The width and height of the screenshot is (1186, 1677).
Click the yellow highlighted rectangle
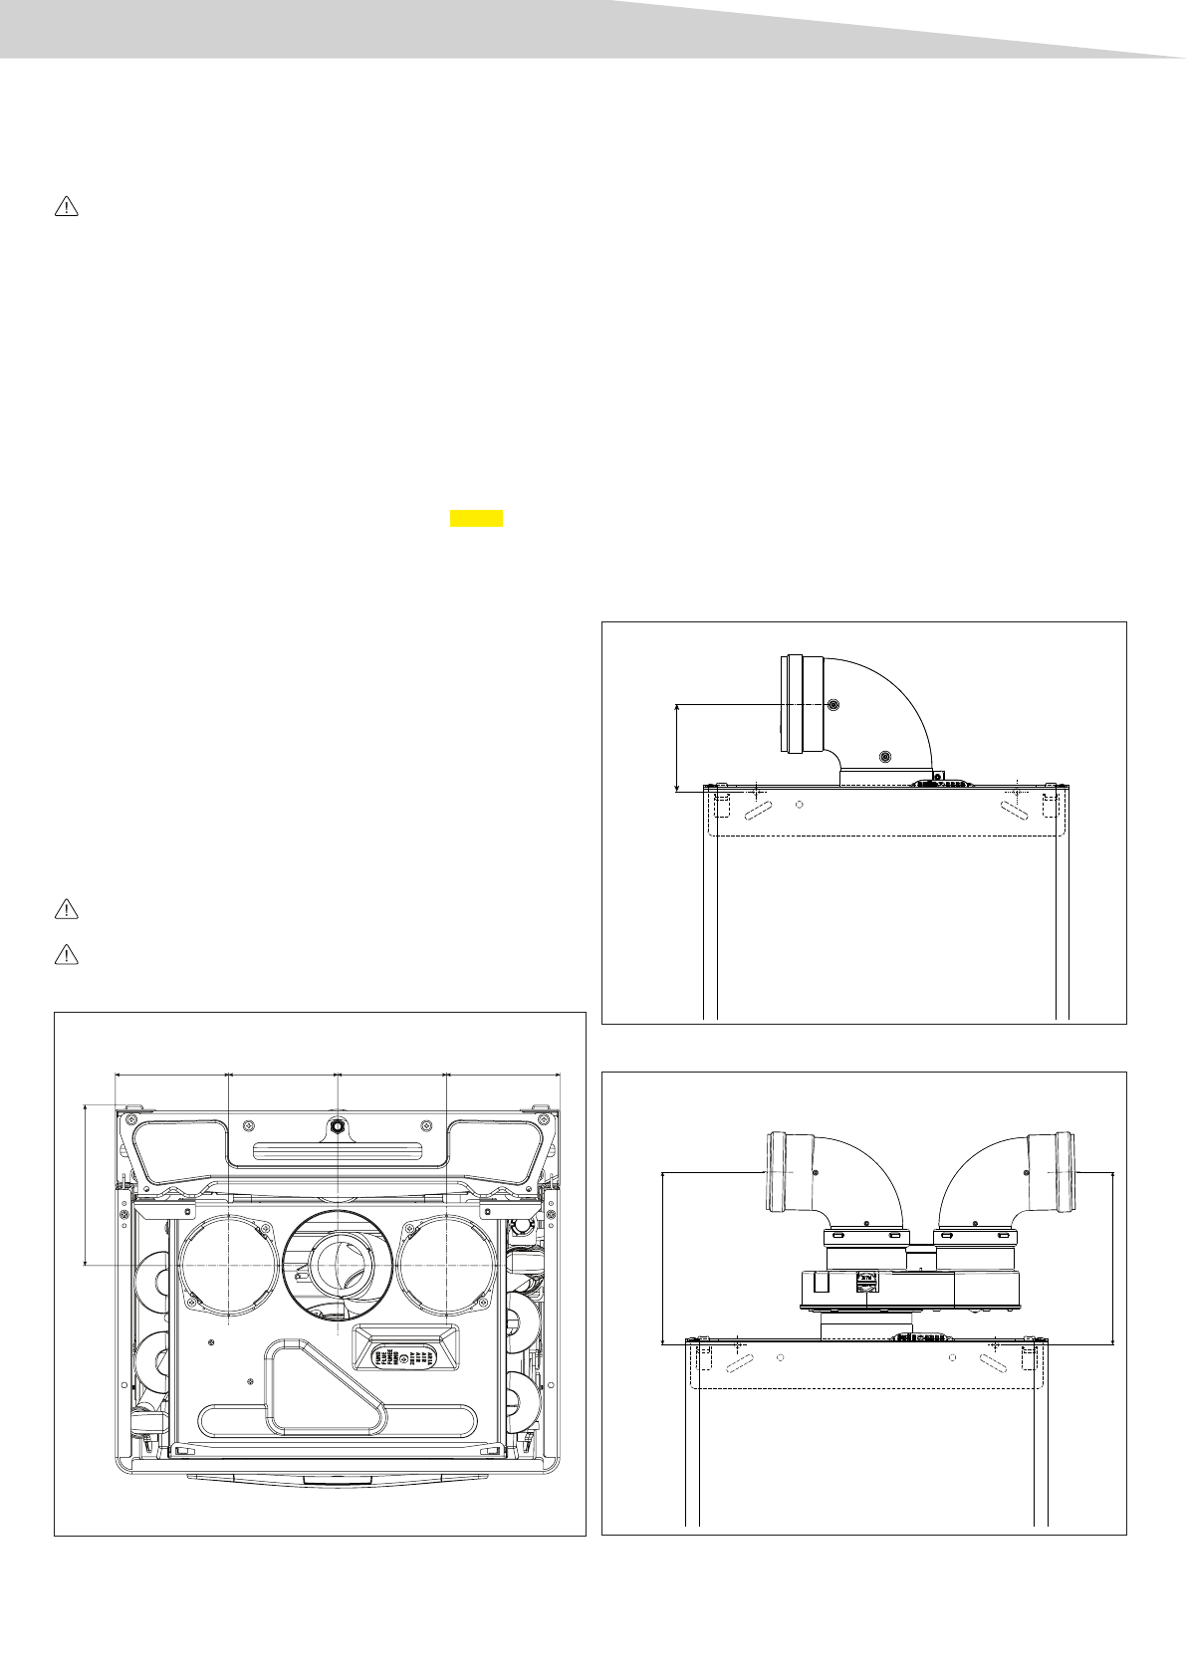(x=476, y=519)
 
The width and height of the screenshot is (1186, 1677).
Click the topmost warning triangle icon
(x=65, y=207)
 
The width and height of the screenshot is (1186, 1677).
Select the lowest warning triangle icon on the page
(x=65, y=954)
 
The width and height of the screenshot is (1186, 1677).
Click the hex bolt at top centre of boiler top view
(x=339, y=1126)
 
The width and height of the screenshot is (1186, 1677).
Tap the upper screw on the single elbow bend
(x=832, y=705)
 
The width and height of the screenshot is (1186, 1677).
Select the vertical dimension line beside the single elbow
(x=678, y=747)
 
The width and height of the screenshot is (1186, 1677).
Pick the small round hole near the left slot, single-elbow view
(x=800, y=803)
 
